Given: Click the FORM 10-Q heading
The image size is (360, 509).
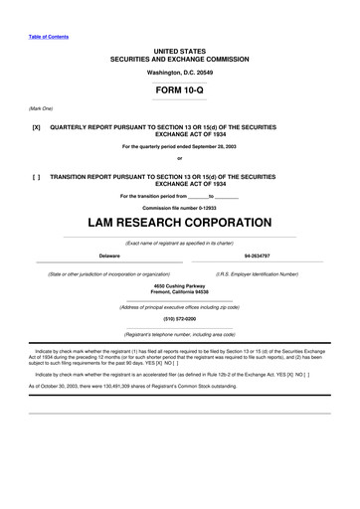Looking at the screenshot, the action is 180,89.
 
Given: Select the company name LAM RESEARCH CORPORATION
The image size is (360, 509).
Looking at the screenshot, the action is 180,223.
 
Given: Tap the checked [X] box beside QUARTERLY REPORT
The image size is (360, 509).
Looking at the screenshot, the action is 36,128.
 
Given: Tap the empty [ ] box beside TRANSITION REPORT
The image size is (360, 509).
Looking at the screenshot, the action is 36,175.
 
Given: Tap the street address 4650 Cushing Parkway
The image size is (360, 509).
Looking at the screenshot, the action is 180,285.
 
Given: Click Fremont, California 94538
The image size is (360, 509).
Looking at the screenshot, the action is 180,292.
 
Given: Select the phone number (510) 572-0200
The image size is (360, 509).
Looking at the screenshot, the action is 180,319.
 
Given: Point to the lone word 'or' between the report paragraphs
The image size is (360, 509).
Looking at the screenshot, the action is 180,159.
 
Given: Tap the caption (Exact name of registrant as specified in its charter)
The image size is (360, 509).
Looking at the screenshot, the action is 180,243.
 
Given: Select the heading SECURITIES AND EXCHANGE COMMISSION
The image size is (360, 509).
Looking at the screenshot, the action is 180,56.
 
